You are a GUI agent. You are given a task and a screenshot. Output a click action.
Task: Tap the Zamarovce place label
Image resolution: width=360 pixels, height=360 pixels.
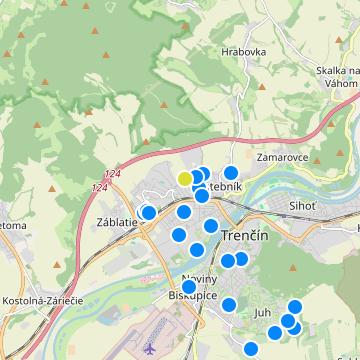pyautogui.click(x=281, y=158)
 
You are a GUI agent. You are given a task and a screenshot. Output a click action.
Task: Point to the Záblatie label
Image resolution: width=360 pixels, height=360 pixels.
pyautogui.click(x=117, y=222)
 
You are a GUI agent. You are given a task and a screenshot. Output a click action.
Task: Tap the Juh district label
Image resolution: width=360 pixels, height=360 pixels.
pyautogui.click(x=263, y=312)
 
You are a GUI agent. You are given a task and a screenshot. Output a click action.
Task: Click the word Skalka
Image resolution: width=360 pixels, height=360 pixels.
pyautogui.click(x=338, y=71)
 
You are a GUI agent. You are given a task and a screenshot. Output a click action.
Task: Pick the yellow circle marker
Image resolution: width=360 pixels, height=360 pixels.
pyautogui.click(x=185, y=178)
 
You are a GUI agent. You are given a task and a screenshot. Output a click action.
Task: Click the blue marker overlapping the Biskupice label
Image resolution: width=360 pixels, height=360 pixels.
pyautogui.click(x=189, y=287)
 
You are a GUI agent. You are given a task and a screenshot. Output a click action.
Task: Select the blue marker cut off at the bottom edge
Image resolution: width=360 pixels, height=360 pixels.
pyautogui.click(x=250, y=349)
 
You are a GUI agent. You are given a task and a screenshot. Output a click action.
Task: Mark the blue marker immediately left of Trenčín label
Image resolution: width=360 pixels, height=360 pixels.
pyautogui.click(x=211, y=226)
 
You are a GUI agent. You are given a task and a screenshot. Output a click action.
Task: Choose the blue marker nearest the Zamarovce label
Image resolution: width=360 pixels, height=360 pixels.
pyautogui.click(x=231, y=173)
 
